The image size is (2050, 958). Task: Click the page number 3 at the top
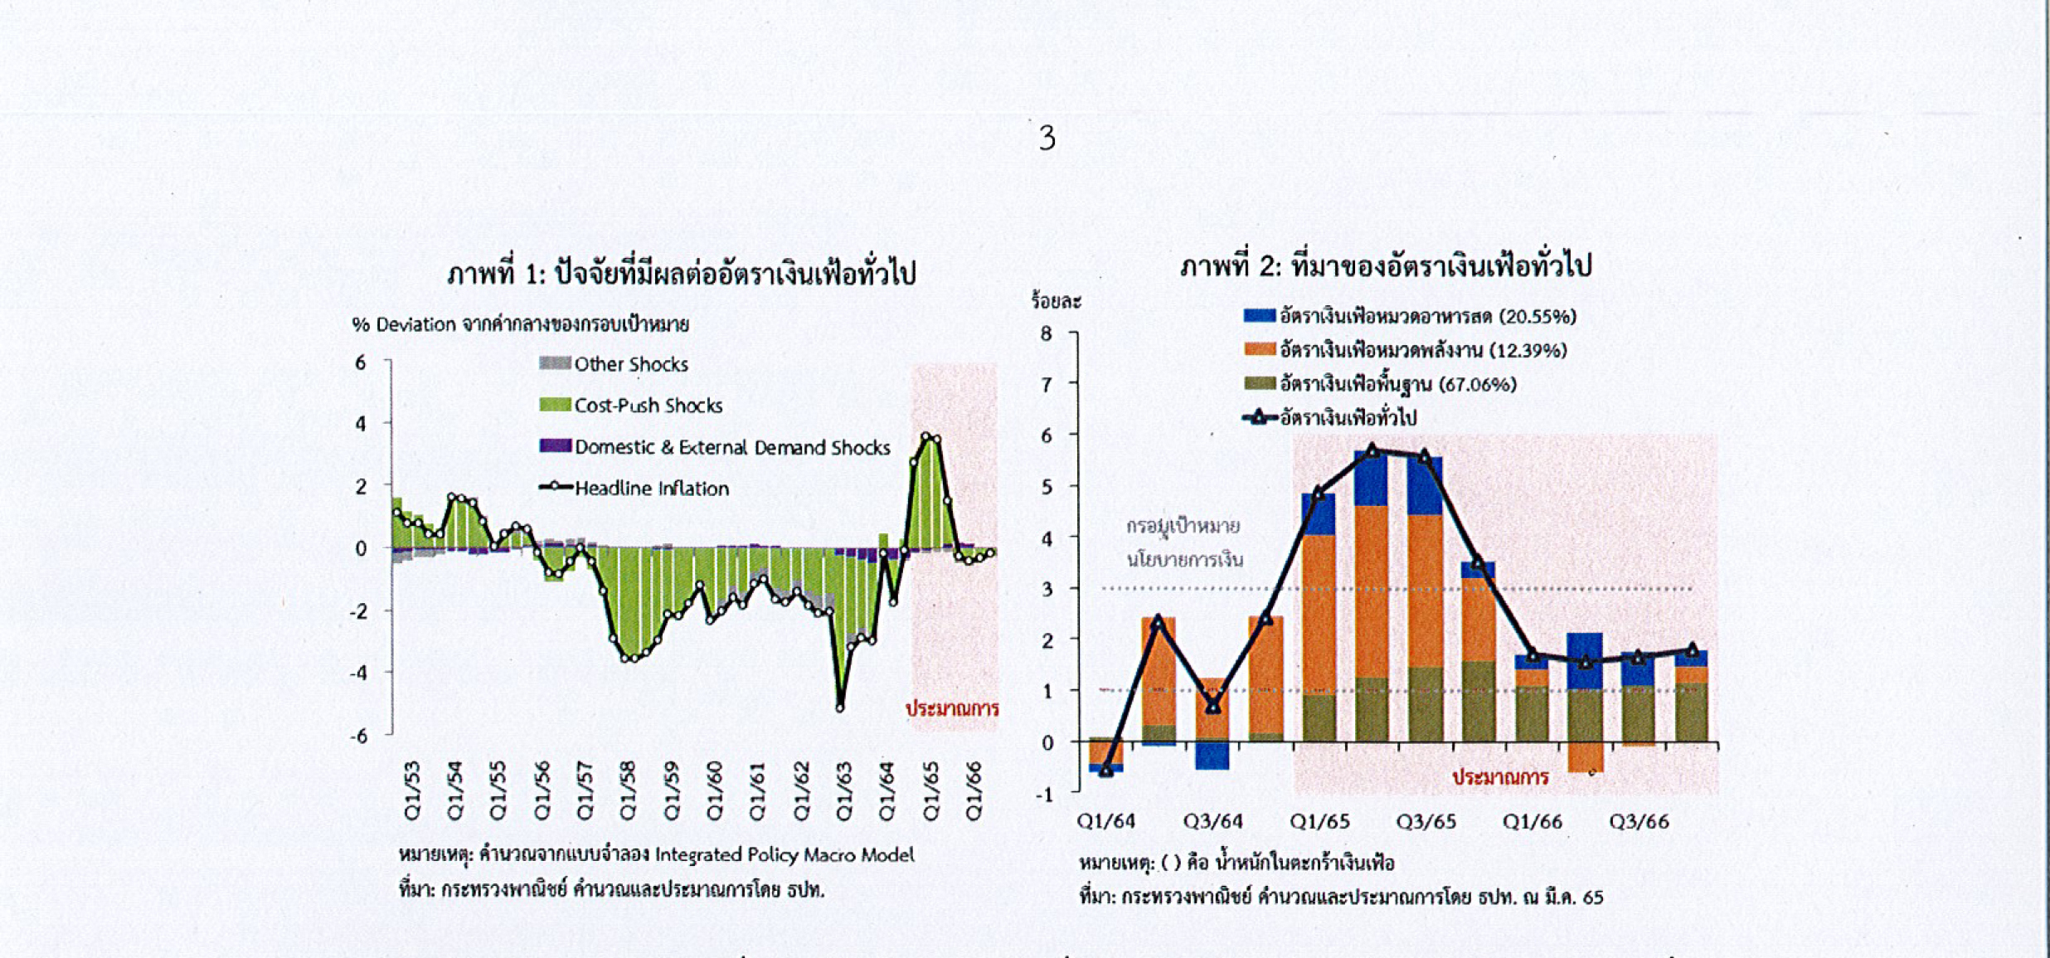pyautogui.click(x=1047, y=138)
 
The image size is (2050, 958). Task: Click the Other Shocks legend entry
pyautogui.click(x=630, y=364)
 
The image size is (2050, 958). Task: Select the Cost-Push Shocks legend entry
pyautogui.click(x=648, y=406)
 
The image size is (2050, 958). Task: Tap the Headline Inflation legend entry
pyautogui.click(x=651, y=489)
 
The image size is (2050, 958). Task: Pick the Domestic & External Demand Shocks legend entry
pyautogui.click(x=731, y=448)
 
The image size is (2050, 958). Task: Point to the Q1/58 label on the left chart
pyautogui.click(x=628, y=790)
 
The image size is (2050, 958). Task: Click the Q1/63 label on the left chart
pyautogui.click(x=844, y=790)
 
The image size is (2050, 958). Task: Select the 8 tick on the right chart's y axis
pyautogui.click(x=1046, y=333)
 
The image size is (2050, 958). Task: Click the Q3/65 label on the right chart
pyautogui.click(x=1426, y=822)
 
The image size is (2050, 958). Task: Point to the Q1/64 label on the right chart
pyautogui.click(x=1105, y=822)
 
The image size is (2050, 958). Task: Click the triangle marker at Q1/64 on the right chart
pyautogui.click(x=1106, y=771)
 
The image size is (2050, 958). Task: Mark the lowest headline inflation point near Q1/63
pyautogui.click(x=840, y=708)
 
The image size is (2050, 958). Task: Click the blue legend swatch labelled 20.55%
pyautogui.click(x=1259, y=315)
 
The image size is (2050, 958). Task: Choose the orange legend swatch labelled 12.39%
pyautogui.click(x=1259, y=349)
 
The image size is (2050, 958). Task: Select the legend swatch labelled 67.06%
pyautogui.click(x=1259, y=383)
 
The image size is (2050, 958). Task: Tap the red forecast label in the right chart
pyautogui.click(x=1500, y=777)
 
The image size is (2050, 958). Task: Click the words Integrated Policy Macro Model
pyautogui.click(x=784, y=855)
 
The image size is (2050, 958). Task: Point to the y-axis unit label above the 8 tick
pyautogui.click(x=1056, y=301)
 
